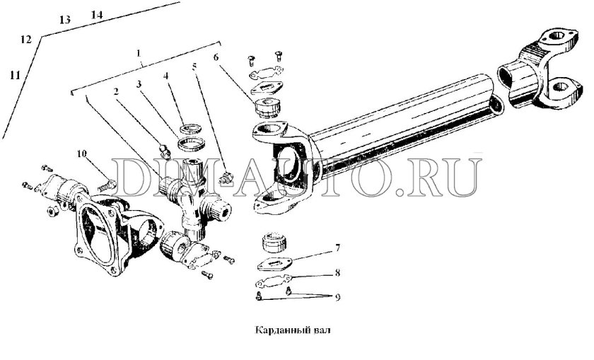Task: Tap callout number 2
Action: (116, 91)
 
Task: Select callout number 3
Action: (139, 84)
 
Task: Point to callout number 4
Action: (165, 76)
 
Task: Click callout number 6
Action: (216, 57)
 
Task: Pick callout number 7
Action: (337, 248)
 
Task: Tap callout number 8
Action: (337, 273)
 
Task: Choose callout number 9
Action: (337, 297)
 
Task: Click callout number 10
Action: (82, 153)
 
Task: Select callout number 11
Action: (15, 76)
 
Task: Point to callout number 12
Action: (25, 39)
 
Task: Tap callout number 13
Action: (65, 20)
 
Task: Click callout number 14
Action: (97, 15)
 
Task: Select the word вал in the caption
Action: (322, 330)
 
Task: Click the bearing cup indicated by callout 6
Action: (267, 108)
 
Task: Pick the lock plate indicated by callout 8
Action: (274, 281)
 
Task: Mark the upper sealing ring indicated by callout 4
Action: (190, 129)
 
